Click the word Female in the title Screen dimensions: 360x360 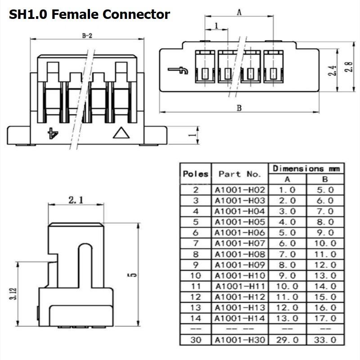tap(75, 14)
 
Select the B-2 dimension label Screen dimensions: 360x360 tap(87, 36)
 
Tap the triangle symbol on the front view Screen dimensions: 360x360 tap(121, 133)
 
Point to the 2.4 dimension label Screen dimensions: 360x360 tap(332, 71)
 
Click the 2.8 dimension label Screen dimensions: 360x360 tap(348, 67)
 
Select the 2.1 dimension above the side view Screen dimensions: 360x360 tap(76, 200)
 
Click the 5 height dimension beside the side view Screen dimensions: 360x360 tap(132, 274)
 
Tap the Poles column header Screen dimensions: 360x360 tap(196, 174)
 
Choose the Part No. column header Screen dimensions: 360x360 tap(240, 174)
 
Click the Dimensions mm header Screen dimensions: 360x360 tap(306, 169)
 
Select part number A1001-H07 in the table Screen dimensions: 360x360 tap(240, 243)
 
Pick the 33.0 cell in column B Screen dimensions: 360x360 tap(325, 340)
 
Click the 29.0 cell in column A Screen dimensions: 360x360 tap(287, 340)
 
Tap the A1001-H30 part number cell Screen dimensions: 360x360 tap(240, 340)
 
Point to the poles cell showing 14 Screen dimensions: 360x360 tap(196, 318)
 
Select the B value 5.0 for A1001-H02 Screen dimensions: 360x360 tap(325, 190)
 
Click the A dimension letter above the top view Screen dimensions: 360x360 tap(239, 12)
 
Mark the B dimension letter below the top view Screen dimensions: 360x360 tap(239, 108)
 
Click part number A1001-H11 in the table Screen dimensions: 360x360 tap(240, 286)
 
